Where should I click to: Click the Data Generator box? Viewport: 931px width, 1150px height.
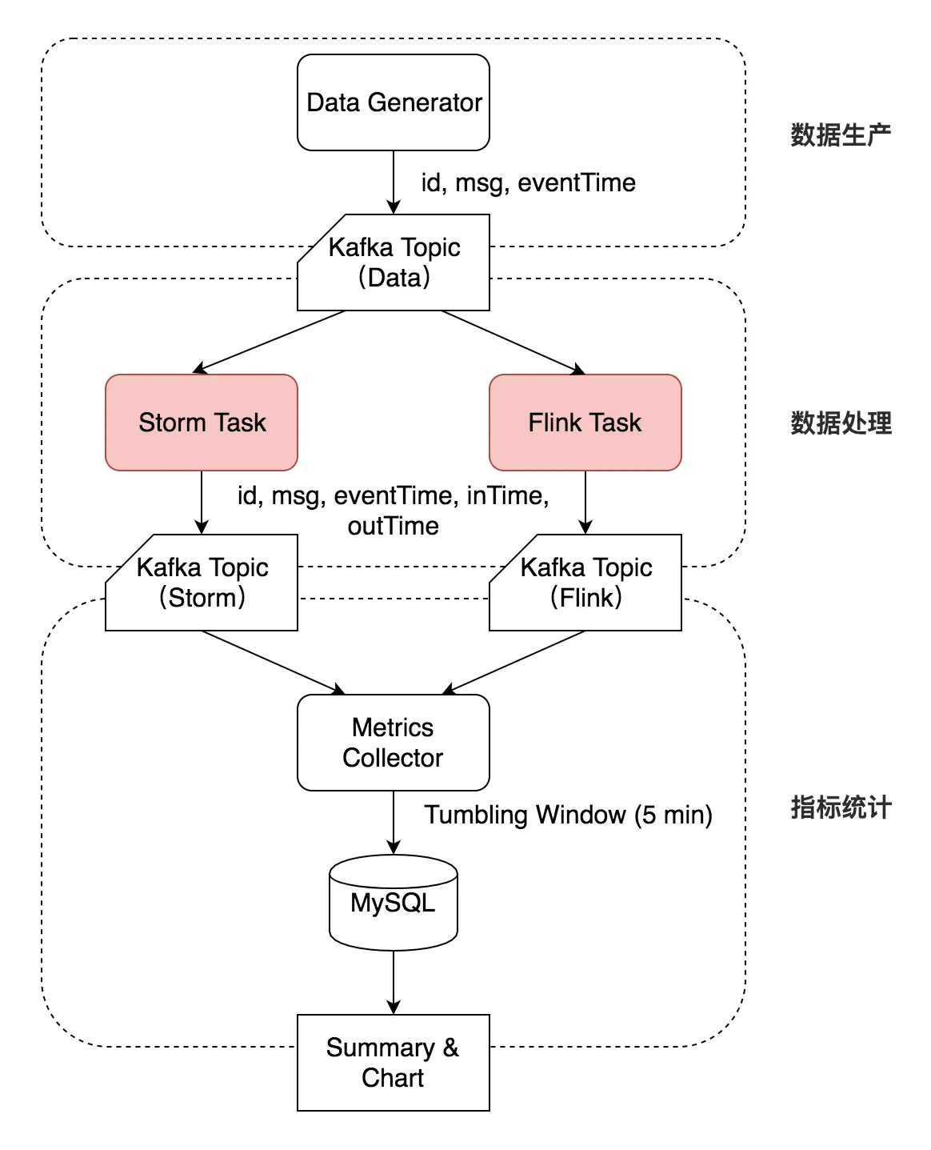pyautogui.click(x=393, y=102)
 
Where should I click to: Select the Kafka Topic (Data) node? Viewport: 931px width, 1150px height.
pyautogui.click(x=393, y=262)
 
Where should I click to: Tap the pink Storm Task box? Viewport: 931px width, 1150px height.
pyautogui.click(x=202, y=423)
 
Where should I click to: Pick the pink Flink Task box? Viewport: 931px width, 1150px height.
pyautogui.click(x=585, y=423)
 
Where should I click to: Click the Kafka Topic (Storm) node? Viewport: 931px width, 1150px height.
pyautogui.click(x=202, y=583)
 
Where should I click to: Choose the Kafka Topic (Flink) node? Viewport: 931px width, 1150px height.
pyautogui.click(x=585, y=583)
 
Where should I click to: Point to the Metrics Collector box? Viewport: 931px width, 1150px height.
pyautogui.click(x=393, y=743)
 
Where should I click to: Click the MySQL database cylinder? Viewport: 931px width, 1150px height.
pyautogui.click(x=393, y=903)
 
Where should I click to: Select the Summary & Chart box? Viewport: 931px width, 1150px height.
pyautogui.click(x=393, y=1063)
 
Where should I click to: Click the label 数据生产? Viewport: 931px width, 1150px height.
pyautogui.click(x=841, y=134)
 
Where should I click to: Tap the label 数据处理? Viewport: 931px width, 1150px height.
pyautogui.click(x=841, y=423)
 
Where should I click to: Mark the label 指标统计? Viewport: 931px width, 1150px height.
pyautogui.click(x=841, y=807)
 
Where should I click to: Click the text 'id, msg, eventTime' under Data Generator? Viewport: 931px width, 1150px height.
pyautogui.click(x=528, y=183)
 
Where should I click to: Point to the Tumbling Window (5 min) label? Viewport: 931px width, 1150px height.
pyautogui.click(x=568, y=815)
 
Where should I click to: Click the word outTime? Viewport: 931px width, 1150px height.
pyautogui.click(x=393, y=526)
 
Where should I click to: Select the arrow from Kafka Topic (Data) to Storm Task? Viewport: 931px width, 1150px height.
pyautogui.click(x=270, y=342)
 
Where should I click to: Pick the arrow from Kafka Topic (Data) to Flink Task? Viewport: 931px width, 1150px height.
pyautogui.click(x=513, y=343)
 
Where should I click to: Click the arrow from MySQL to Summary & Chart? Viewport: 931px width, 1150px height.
pyautogui.click(x=393, y=982)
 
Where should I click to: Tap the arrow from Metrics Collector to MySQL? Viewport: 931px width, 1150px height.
pyautogui.click(x=393, y=822)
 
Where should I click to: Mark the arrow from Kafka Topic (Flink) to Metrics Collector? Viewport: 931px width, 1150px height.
pyautogui.click(x=513, y=663)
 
